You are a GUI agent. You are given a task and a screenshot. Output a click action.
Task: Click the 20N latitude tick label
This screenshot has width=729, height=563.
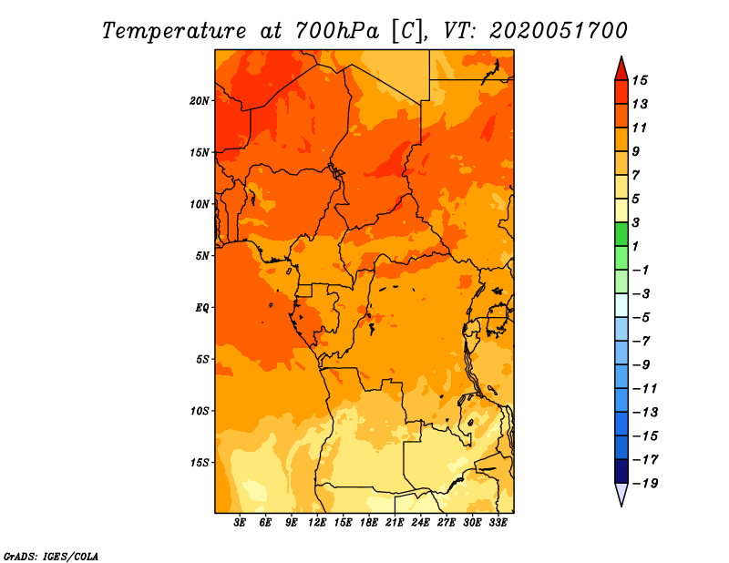[x=200, y=100]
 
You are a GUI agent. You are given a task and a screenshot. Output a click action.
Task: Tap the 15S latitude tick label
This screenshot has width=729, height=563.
[x=200, y=462]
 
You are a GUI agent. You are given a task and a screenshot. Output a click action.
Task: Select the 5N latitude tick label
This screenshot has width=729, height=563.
[x=201, y=256]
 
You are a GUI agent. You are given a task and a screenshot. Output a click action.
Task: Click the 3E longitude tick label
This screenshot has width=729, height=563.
[x=241, y=523]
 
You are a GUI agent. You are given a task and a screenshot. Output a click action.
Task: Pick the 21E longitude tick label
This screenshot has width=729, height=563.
[x=395, y=523]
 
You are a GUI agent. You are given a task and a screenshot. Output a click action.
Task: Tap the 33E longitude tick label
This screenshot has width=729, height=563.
[x=498, y=523]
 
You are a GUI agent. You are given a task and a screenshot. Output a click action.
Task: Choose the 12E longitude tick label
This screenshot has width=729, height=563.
[x=317, y=523]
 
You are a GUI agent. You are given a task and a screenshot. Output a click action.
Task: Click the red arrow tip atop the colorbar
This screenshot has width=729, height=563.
[x=621, y=67]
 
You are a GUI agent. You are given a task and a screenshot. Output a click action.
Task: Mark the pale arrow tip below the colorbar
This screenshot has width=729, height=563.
[x=621, y=496]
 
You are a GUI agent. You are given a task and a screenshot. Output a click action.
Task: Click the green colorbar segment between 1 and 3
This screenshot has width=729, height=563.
[x=621, y=234]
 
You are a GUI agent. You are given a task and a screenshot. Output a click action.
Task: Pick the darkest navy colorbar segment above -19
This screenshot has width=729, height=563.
[x=621, y=471]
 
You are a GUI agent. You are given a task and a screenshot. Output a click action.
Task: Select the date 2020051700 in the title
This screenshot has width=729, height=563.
[x=558, y=30]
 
